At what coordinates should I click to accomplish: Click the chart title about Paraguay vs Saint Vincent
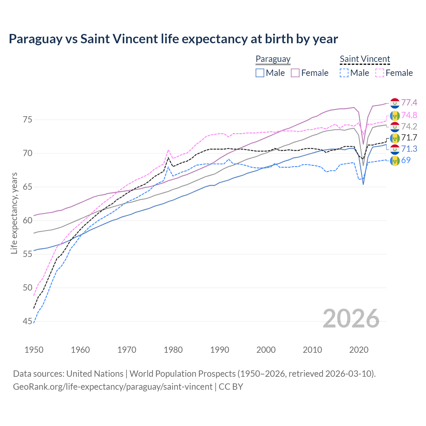(173, 39)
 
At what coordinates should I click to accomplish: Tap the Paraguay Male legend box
(260, 73)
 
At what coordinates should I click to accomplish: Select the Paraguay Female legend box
(295, 73)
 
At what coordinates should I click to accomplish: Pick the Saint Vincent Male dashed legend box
(344, 73)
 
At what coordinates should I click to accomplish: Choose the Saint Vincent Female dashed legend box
(379, 73)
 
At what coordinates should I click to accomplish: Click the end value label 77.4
(409, 103)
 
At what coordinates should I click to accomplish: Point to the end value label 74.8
(409, 115)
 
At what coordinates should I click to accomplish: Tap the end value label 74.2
(409, 126)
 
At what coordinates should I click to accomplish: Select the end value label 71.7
(409, 137)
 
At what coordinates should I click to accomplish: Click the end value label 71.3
(409, 149)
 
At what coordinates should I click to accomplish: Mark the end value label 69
(406, 160)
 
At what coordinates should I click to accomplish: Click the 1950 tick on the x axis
(34, 350)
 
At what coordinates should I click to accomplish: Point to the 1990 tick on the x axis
(220, 350)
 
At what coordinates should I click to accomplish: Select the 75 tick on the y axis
(27, 119)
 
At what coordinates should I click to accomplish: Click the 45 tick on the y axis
(27, 321)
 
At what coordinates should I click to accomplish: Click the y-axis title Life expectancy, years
(14, 213)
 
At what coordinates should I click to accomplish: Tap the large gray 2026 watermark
(351, 319)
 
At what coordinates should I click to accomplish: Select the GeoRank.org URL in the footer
(112, 387)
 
